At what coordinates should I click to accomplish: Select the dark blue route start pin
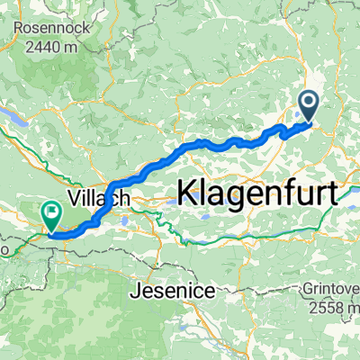tap(309, 106)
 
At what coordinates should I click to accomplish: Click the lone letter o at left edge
tap(4, 245)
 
